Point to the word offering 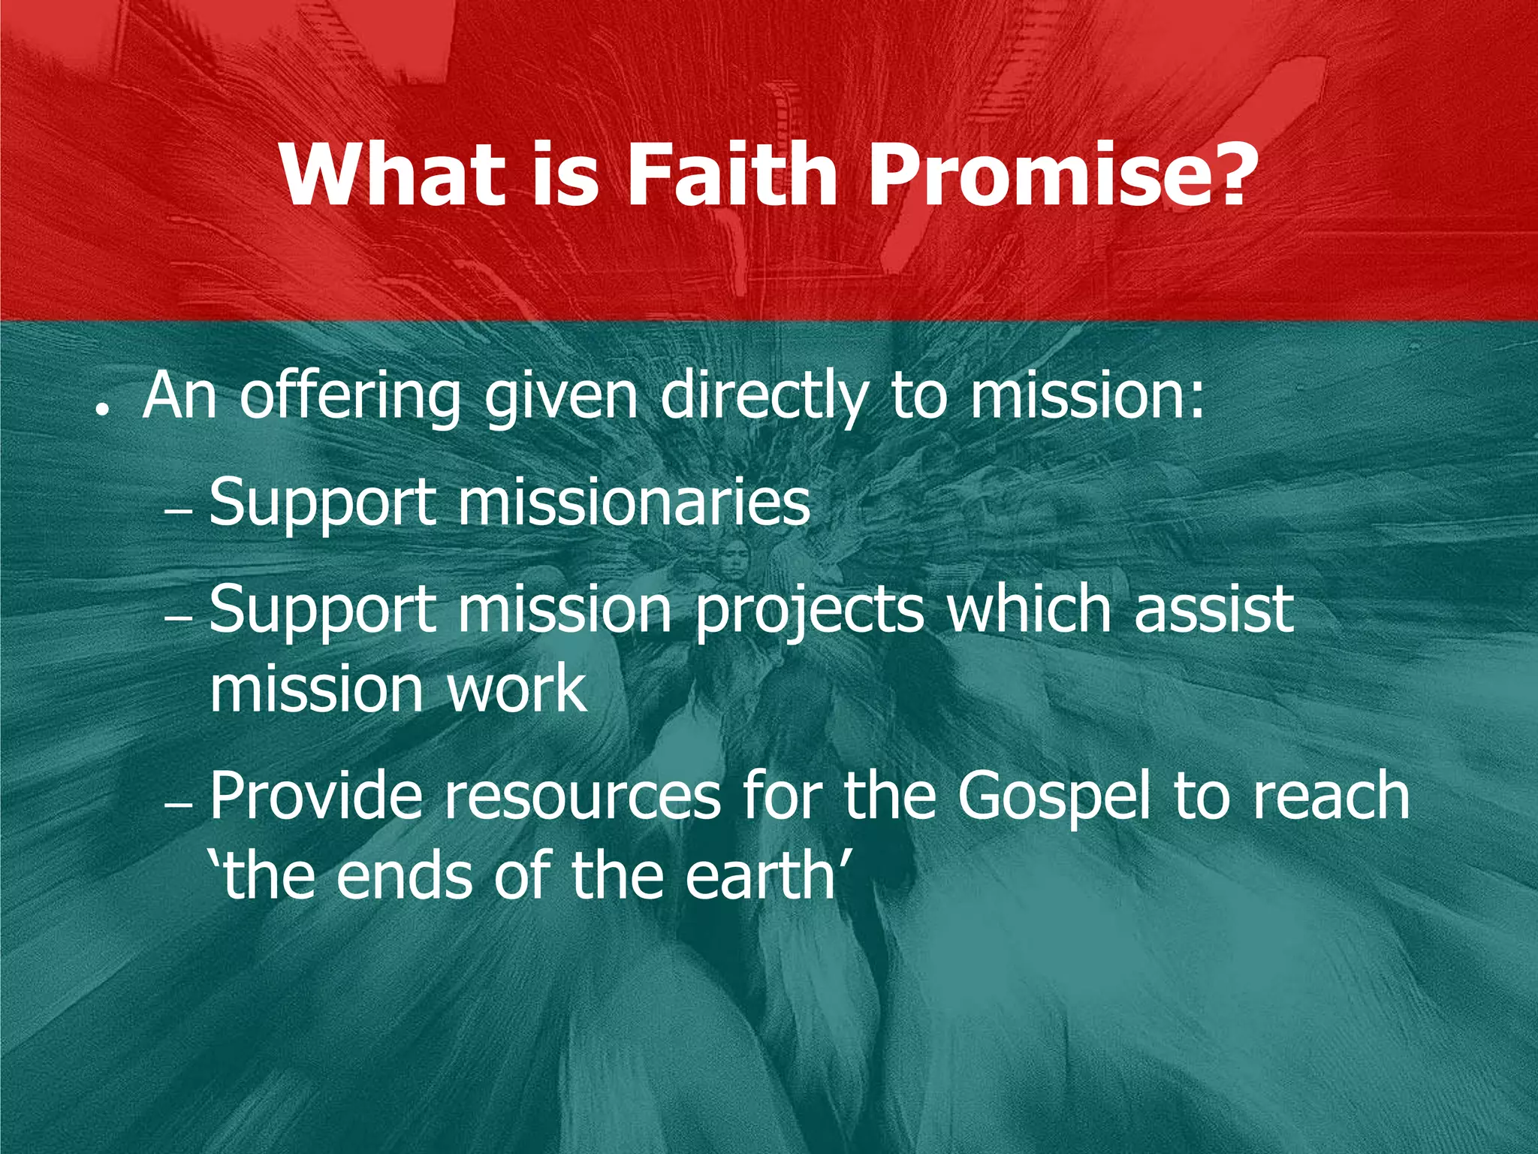coord(349,398)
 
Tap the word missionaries coord(635,502)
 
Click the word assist coord(1214,609)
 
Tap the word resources coord(582,796)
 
